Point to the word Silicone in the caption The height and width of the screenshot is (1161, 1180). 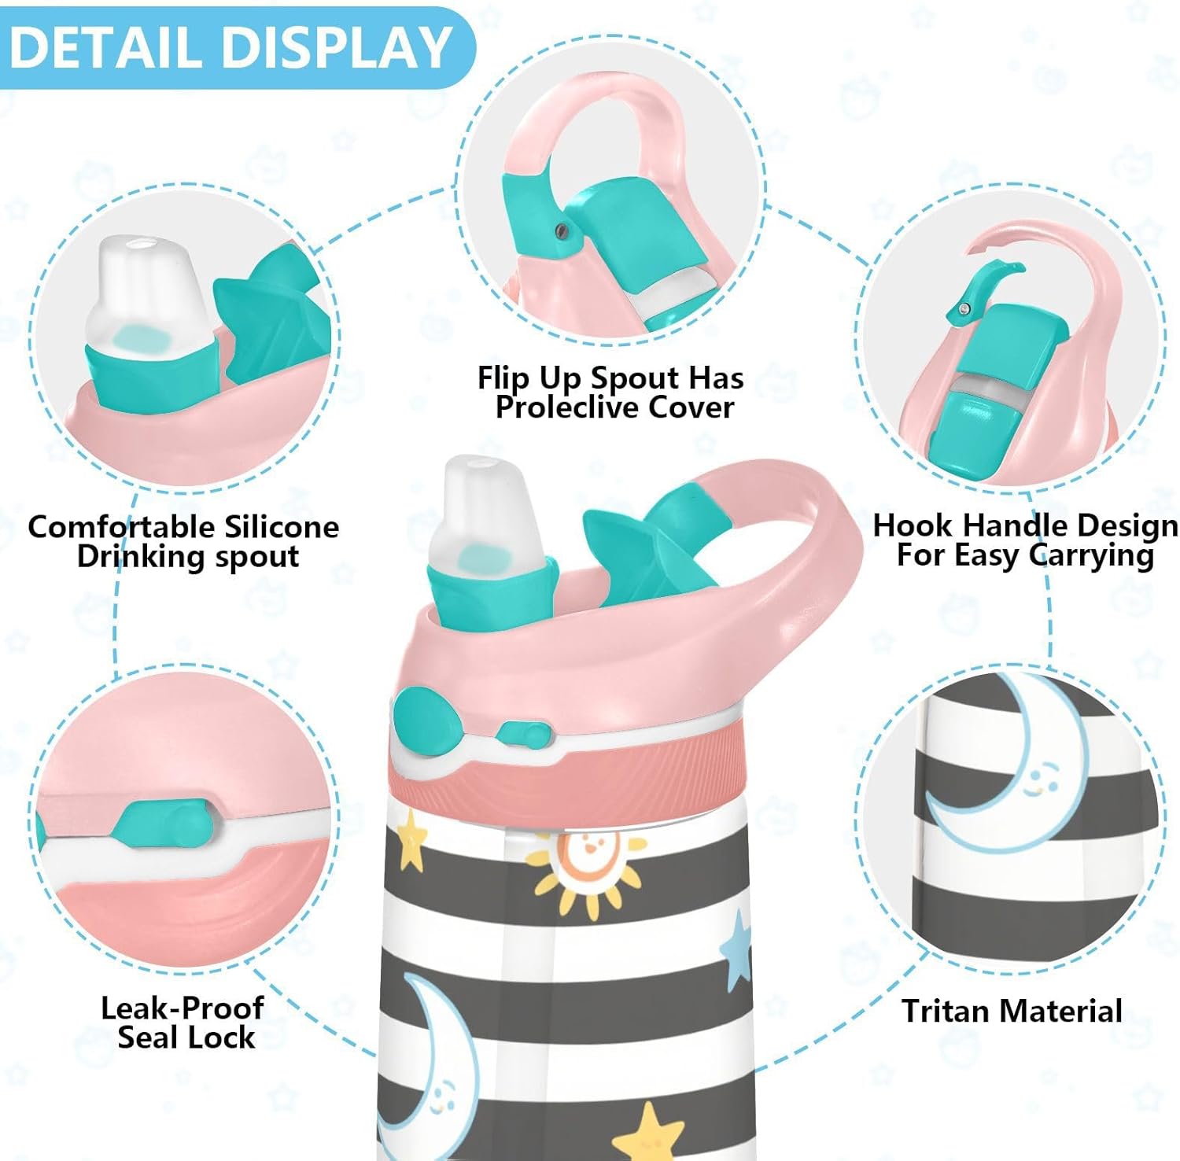[x=282, y=526]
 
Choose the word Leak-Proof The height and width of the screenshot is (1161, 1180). [x=182, y=1008]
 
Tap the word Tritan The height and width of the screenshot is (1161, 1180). [x=943, y=1011]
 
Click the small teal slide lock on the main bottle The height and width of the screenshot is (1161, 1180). [x=522, y=735]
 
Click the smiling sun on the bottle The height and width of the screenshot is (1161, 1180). [x=584, y=870]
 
